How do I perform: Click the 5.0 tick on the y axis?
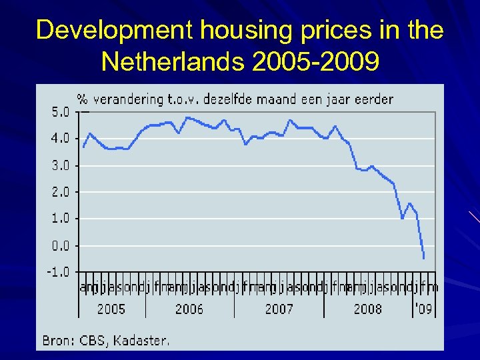pyautogui.click(x=60, y=112)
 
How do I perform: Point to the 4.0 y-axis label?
pyautogui.click(x=60, y=139)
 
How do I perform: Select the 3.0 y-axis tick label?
pyautogui.click(x=60, y=165)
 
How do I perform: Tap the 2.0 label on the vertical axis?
pyautogui.click(x=60, y=192)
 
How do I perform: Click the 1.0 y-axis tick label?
pyautogui.click(x=60, y=218)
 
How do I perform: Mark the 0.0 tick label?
pyautogui.click(x=60, y=245)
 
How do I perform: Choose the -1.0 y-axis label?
pyautogui.click(x=58, y=271)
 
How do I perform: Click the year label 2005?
pyautogui.click(x=111, y=309)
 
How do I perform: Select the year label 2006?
pyautogui.click(x=189, y=309)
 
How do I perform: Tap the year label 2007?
pyautogui.click(x=279, y=309)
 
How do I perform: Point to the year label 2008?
pyautogui.click(x=367, y=309)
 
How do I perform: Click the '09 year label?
pyautogui.click(x=423, y=309)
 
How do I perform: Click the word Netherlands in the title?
pyautogui.click(x=174, y=62)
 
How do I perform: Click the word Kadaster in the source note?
pyautogui.click(x=142, y=340)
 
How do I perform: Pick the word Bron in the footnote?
pyautogui.click(x=57, y=340)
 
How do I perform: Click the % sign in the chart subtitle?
pyautogui.click(x=83, y=99)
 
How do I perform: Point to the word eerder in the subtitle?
pyautogui.click(x=374, y=99)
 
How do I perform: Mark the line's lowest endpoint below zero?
pyautogui.click(x=423, y=258)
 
